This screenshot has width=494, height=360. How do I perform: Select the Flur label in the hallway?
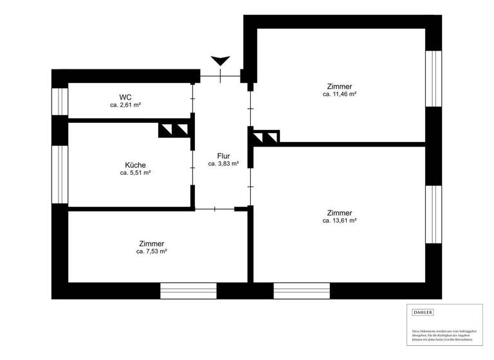coord(223,156)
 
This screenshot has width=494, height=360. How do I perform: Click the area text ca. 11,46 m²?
coord(340,94)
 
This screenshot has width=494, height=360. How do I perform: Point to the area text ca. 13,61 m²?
coord(340,221)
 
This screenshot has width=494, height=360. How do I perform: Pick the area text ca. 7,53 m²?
coord(152,251)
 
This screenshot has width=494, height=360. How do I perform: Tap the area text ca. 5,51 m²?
coord(135,172)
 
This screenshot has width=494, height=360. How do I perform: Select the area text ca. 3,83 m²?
coord(223,164)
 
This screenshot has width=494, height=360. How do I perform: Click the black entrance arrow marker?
coord(221,61)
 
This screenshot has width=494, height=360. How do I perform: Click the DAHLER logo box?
coord(423,312)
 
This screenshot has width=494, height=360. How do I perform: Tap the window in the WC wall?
coord(60,101)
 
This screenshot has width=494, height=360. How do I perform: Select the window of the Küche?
coord(60,174)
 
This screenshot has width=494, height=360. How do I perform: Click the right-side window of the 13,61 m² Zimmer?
coord(434,215)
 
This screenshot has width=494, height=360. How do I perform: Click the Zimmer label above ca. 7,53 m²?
coord(152,244)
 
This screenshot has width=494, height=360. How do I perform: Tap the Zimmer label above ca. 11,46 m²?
coord(340,86)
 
